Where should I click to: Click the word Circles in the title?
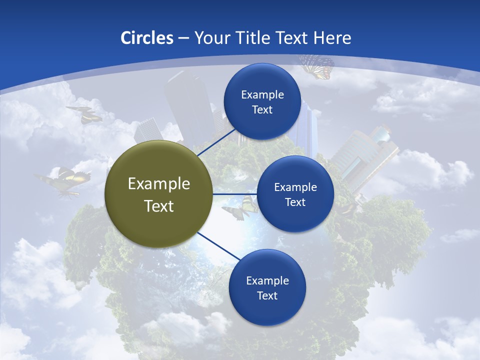pyautogui.click(x=146, y=38)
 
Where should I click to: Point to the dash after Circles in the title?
pyautogui.click(x=183, y=38)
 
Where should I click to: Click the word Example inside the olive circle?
pyautogui.click(x=159, y=184)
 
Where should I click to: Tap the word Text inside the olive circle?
pyautogui.click(x=159, y=206)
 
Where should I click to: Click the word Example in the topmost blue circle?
pyautogui.click(x=262, y=95)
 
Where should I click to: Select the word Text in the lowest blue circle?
pyautogui.click(x=267, y=295)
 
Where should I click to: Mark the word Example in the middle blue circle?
pyautogui.click(x=295, y=187)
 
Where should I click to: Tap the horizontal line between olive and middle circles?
pyautogui.click(x=234, y=194)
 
